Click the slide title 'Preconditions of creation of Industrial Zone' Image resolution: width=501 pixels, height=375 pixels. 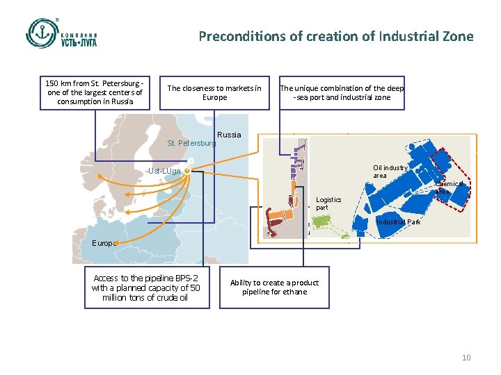pos(335,36)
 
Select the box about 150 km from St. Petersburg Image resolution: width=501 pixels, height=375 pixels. pos(94,92)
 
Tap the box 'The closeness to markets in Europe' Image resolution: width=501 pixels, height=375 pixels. pos(214,92)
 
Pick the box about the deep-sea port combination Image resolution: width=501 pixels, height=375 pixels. pos(342,92)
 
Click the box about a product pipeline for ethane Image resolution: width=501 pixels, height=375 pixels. pos(274,287)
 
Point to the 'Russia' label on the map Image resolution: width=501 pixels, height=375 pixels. pos(229,135)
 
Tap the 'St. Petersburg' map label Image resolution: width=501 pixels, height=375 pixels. pos(191,144)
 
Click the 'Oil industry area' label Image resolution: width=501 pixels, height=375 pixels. pos(390,172)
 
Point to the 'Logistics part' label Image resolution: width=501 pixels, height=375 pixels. pos(328,203)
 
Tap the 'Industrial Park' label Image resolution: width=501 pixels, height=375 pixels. pos(398,222)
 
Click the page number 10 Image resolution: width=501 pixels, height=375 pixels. pos(466,358)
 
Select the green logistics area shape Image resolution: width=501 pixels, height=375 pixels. pos(321,222)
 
